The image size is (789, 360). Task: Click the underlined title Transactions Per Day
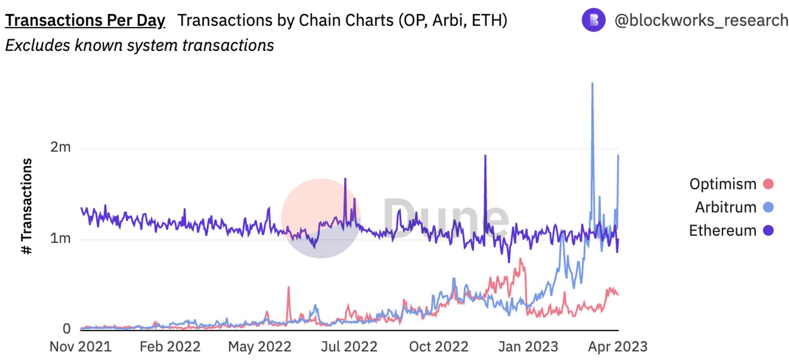pos(85,21)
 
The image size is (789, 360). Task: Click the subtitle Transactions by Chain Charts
pos(342,21)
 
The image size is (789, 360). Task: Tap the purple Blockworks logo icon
pos(593,20)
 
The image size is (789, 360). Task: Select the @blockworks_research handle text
pos(701,21)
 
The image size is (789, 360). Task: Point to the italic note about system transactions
pos(139,45)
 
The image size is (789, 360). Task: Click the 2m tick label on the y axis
pos(60,147)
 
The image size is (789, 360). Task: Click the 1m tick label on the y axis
pos(60,238)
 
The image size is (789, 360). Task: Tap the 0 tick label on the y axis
pos(67,328)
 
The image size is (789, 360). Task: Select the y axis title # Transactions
pos(26,206)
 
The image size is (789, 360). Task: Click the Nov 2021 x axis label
pos(80,347)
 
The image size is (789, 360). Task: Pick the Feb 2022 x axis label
pos(170,347)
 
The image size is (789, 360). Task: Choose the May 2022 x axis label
pos(260,347)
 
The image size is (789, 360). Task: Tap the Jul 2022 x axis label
pos(349,347)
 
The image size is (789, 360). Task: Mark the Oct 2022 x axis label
pos(439,347)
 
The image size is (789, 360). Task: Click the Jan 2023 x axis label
pos(528,347)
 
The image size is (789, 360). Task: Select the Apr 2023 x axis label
pos(618,347)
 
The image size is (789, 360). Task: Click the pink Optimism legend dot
pos(768,184)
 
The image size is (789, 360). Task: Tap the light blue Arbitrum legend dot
pos(768,207)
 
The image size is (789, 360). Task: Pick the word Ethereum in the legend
pos(722,231)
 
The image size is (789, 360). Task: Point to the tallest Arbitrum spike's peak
pos(592,84)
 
